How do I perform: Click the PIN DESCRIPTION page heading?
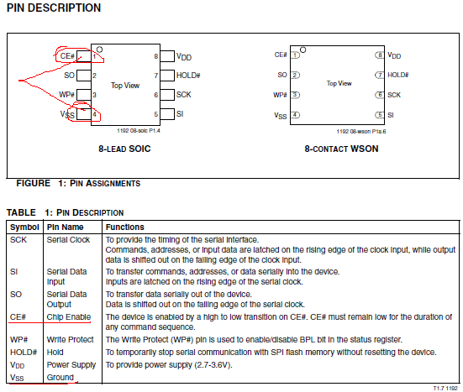(x=54, y=8)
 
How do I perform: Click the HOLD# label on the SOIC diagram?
(x=188, y=76)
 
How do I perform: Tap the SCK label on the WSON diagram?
(x=394, y=95)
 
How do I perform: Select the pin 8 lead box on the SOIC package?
(x=167, y=56)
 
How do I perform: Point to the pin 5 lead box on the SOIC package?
(x=167, y=114)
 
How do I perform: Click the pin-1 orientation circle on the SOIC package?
(x=99, y=50)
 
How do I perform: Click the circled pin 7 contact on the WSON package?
(x=380, y=75)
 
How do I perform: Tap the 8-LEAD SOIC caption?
(x=124, y=149)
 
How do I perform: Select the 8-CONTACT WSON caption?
(x=341, y=149)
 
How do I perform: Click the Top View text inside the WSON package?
(x=339, y=83)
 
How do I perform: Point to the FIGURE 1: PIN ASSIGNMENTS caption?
(x=78, y=184)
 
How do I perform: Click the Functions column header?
(x=125, y=227)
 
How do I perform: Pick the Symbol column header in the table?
(x=24, y=227)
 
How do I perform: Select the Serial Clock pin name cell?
(x=68, y=240)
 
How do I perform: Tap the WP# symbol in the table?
(x=18, y=339)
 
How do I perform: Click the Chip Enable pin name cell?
(x=69, y=316)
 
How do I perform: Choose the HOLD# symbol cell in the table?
(x=24, y=353)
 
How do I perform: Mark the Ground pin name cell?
(x=61, y=377)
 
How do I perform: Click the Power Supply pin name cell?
(x=71, y=365)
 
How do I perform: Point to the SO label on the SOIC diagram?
(x=70, y=76)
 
